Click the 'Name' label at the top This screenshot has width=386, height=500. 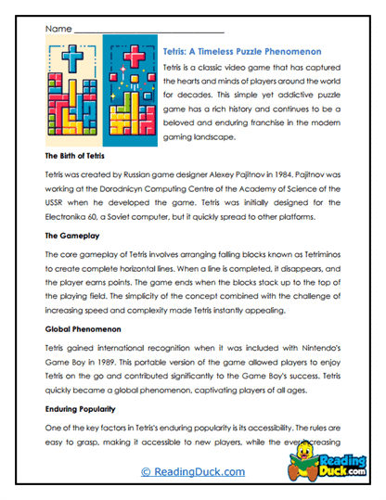[x=58, y=30]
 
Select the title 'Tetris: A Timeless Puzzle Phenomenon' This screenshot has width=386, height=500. [x=241, y=53]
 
